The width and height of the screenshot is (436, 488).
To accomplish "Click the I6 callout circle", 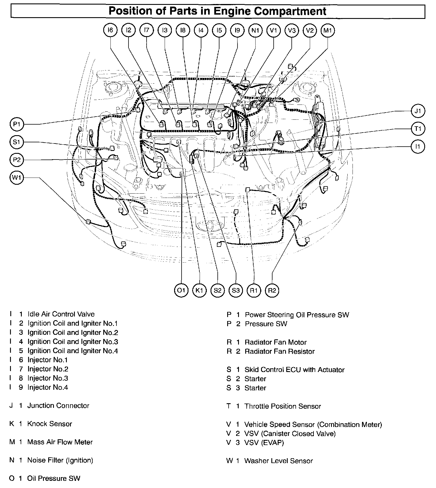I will click(x=110, y=30).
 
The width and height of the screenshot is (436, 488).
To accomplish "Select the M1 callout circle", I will click(x=328, y=30).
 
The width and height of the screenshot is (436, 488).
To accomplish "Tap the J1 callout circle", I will click(x=418, y=111).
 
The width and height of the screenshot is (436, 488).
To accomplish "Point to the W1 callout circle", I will click(x=17, y=178).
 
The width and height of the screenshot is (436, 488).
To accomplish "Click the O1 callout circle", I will click(x=181, y=290).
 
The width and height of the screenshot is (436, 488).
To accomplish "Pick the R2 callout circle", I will click(x=272, y=290).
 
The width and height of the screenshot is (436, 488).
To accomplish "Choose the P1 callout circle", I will click(x=17, y=124).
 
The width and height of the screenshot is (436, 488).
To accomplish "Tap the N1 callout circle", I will click(x=255, y=30).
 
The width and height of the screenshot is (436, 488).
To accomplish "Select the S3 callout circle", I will click(x=236, y=290).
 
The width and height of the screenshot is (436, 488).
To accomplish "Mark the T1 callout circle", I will click(x=418, y=129).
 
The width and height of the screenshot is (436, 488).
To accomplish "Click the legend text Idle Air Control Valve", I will click(x=61, y=314).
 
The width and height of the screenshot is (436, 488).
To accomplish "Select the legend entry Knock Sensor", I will click(x=50, y=424).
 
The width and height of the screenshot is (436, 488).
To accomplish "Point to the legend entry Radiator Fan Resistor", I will click(x=279, y=351).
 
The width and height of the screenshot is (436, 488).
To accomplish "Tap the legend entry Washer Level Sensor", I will click(x=278, y=461).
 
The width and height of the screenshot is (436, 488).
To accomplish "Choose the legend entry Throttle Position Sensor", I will click(x=283, y=406).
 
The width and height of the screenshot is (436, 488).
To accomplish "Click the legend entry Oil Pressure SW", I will click(x=54, y=479).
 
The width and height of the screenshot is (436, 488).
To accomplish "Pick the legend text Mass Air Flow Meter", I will click(x=60, y=442).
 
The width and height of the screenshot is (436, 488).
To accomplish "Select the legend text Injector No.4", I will click(x=48, y=387).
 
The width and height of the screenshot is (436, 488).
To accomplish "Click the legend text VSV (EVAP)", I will click(x=264, y=443).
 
